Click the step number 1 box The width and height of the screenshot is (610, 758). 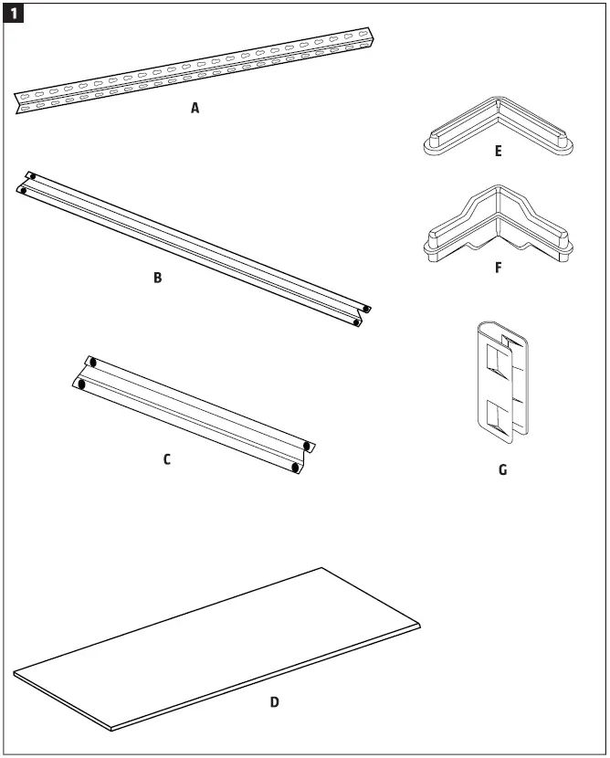click(x=16, y=16)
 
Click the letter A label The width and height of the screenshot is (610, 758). click(x=195, y=108)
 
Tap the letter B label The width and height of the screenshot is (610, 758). click(x=157, y=278)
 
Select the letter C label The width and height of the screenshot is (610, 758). click(x=166, y=459)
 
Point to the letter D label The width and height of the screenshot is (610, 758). click(x=274, y=702)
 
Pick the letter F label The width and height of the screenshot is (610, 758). click(x=498, y=269)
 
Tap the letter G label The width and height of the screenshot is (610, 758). click(x=502, y=471)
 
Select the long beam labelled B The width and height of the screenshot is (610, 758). click(x=192, y=245)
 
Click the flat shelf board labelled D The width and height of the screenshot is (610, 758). click(x=219, y=648)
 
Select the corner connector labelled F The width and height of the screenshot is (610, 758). click(x=498, y=228)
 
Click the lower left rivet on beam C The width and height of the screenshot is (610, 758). click(x=81, y=385)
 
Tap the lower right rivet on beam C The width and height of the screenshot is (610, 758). click(x=294, y=467)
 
